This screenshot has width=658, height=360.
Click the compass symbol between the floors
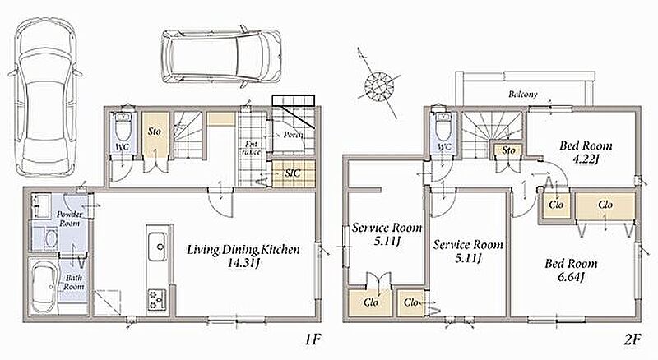[x=379, y=83]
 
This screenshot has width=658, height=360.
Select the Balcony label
[x=523, y=95]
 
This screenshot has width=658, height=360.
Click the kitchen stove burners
[x=155, y=299]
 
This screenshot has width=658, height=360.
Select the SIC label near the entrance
[x=291, y=173]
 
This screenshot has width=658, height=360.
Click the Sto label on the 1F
[x=154, y=131]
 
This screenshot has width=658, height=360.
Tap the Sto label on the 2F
[x=508, y=150]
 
